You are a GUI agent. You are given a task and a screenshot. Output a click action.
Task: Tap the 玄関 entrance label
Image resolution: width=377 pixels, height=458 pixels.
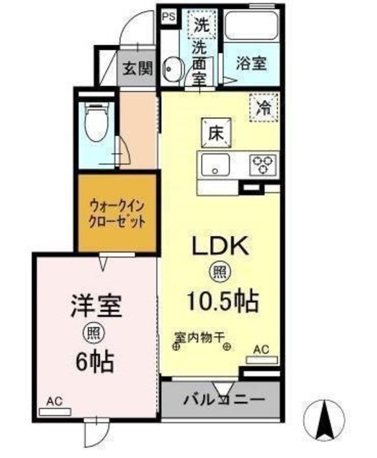136,69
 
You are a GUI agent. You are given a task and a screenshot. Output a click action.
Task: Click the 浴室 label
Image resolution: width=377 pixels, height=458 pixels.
251,63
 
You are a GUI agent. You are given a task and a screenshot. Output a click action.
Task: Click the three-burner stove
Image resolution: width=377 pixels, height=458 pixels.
263,165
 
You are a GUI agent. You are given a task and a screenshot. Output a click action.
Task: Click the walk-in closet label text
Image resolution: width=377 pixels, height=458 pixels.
116,213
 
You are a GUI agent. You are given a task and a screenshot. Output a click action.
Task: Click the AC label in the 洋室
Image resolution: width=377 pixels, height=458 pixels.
54,402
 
